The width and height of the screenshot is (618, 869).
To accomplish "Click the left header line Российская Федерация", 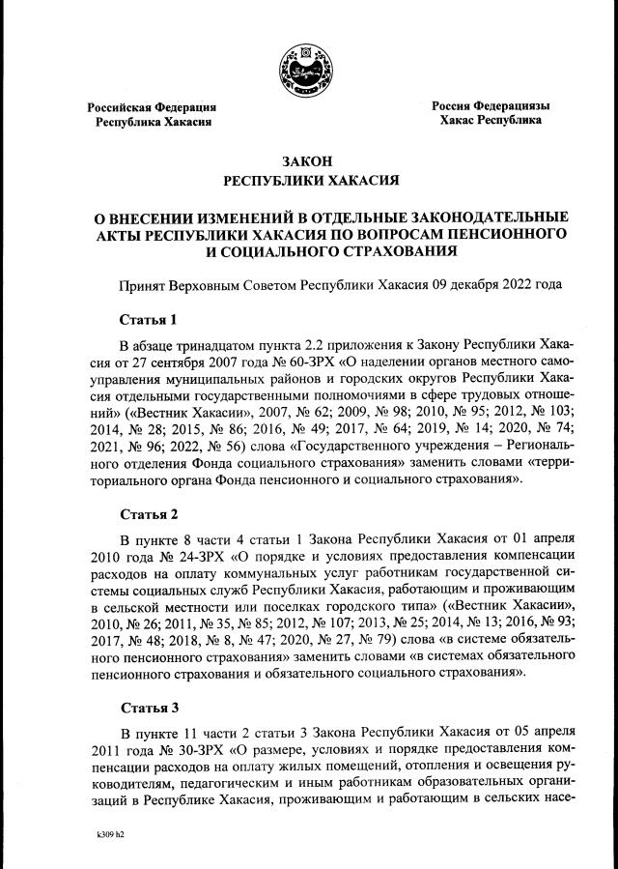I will tap(152, 107).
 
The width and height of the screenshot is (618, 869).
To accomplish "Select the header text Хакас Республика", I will tap(490, 121).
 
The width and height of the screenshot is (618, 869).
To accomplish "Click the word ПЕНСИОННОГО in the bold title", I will tap(497, 234).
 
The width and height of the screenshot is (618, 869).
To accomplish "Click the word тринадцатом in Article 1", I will tap(225, 345).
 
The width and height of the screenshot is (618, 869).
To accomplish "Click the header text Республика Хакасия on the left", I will tap(153, 123).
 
